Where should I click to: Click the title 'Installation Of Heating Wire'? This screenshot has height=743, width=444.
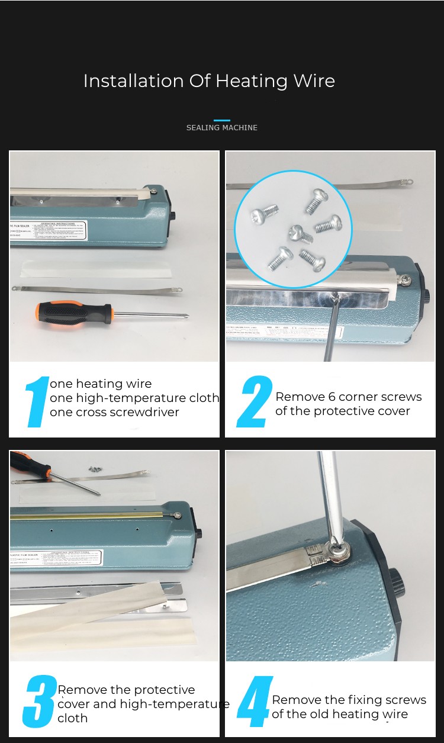209,81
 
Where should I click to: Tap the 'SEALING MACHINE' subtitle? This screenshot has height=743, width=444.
221,127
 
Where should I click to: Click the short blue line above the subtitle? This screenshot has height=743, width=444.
221,120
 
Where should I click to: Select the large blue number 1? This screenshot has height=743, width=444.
37,402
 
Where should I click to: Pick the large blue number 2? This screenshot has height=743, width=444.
255,402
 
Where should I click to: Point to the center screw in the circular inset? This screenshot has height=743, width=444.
300,233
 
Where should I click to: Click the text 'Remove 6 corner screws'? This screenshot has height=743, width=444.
348,397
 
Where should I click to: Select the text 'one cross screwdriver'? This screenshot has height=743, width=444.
114,412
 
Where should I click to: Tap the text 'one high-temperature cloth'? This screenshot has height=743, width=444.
134,398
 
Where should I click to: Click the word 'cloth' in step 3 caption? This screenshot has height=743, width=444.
72,718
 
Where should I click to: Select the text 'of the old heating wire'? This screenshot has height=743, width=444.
340,714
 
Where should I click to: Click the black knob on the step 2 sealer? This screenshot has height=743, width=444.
427,295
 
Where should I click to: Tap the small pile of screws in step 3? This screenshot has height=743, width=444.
94,468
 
